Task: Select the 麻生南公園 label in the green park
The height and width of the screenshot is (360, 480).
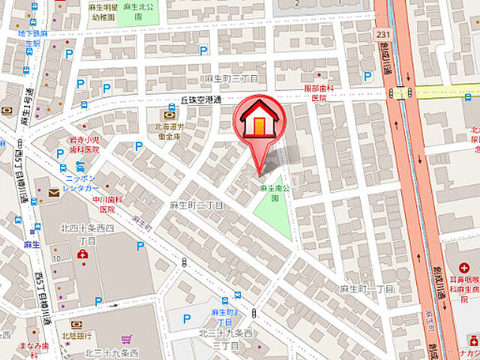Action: pyautogui.click(x=270, y=193)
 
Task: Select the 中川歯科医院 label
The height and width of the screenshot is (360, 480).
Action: pyautogui.click(x=108, y=204)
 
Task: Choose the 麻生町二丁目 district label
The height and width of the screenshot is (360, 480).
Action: pyautogui.click(x=197, y=205)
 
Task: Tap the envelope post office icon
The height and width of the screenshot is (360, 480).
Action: pyautogui.click(x=53, y=193)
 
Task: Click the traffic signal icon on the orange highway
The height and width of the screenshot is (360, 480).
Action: pyautogui.click(x=400, y=93)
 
